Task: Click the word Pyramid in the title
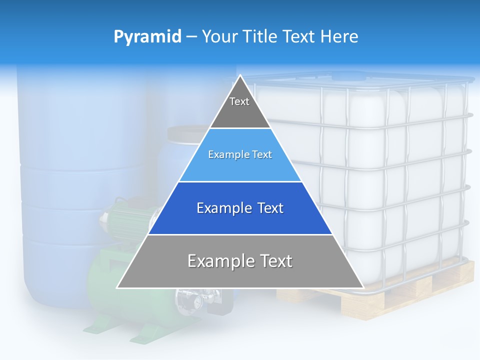coord(147,36)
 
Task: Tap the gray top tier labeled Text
coord(239,107)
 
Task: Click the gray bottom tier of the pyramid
coord(240,270)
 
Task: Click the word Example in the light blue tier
coord(225,154)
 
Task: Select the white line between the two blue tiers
coord(240,181)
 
